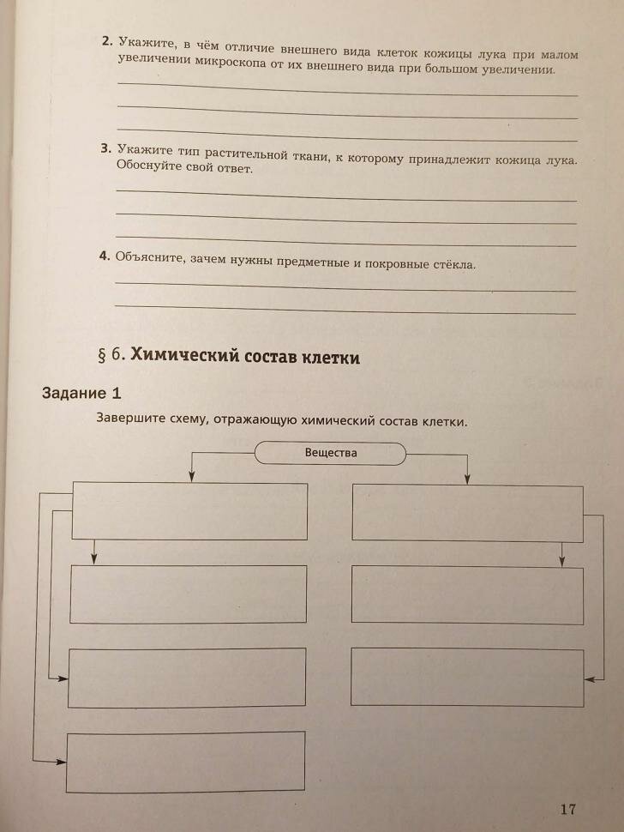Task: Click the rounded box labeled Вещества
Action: [x=330, y=453]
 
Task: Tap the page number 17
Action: [x=567, y=809]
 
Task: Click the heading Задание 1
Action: [x=82, y=394]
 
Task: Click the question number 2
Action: [x=105, y=41]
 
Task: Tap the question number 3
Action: [x=105, y=148]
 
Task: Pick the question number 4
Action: [x=104, y=256]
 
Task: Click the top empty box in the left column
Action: [x=190, y=511]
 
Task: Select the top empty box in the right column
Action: [x=467, y=513]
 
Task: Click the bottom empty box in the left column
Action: [x=186, y=762]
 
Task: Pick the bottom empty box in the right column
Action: [x=467, y=676]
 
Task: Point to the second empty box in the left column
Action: [x=189, y=594]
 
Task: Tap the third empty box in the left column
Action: [x=187, y=678]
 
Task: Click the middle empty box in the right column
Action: [x=467, y=595]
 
